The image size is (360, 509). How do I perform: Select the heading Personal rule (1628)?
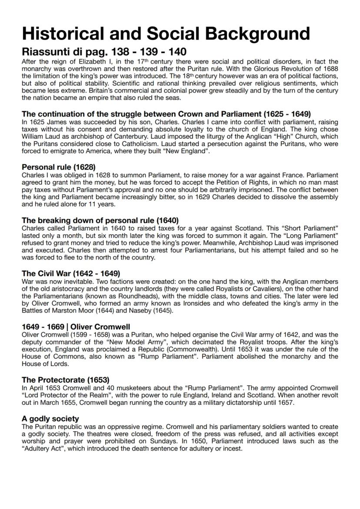[59, 167]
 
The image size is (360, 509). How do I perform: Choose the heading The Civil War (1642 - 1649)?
[71, 273]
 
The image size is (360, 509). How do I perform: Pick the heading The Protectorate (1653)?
[66, 380]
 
